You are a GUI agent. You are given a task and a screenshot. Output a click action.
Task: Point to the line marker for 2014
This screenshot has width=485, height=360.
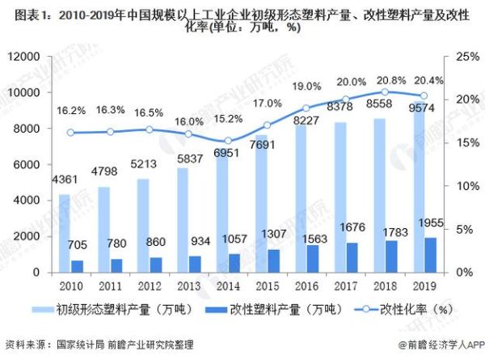[228, 141]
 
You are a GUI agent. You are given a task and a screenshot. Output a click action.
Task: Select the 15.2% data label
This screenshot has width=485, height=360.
[228, 119]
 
